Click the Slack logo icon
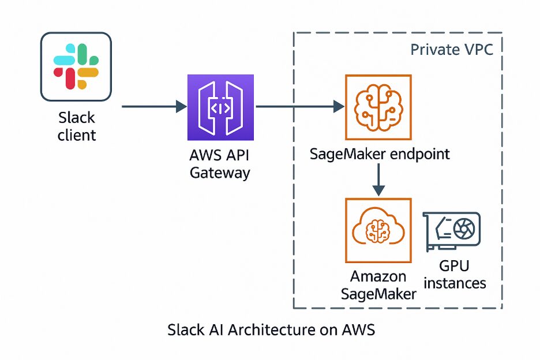76,67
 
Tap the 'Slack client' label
77,126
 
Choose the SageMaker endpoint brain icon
377,107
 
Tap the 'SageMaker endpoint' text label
380,154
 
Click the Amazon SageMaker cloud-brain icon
378,231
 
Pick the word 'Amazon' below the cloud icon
378,276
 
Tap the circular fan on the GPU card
462,229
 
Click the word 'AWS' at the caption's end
359,330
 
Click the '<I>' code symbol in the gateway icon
222,107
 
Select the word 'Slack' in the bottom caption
185,330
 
